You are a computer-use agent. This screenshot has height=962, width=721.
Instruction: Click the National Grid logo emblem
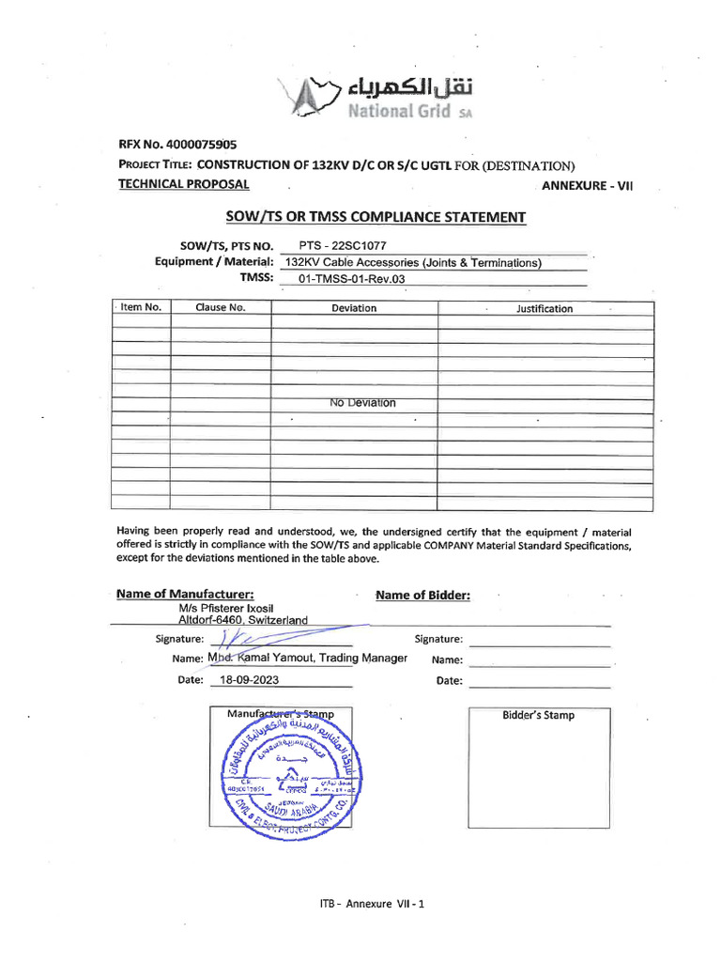[x=308, y=98]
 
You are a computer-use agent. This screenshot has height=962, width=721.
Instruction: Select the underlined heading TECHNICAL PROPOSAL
[x=183, y=184]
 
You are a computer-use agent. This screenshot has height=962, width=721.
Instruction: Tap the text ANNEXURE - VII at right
[x=588, y=186]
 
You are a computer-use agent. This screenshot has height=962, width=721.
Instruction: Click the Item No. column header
[x=141, y=307]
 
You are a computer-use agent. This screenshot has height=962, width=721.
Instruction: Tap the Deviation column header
[x=354, y=308]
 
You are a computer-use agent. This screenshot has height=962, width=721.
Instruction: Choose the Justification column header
[x=544, y=308]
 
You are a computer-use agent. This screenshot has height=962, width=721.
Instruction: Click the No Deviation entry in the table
[x=362, y=403]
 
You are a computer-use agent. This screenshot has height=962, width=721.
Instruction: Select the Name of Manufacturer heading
[x=185, y=595]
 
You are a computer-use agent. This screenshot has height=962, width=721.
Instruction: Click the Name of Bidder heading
[x=422, y=596]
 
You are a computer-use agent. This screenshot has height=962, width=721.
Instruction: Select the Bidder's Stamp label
[x=538, y=715]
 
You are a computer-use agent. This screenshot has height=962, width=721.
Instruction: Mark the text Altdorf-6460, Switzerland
[x=236, y=620]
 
